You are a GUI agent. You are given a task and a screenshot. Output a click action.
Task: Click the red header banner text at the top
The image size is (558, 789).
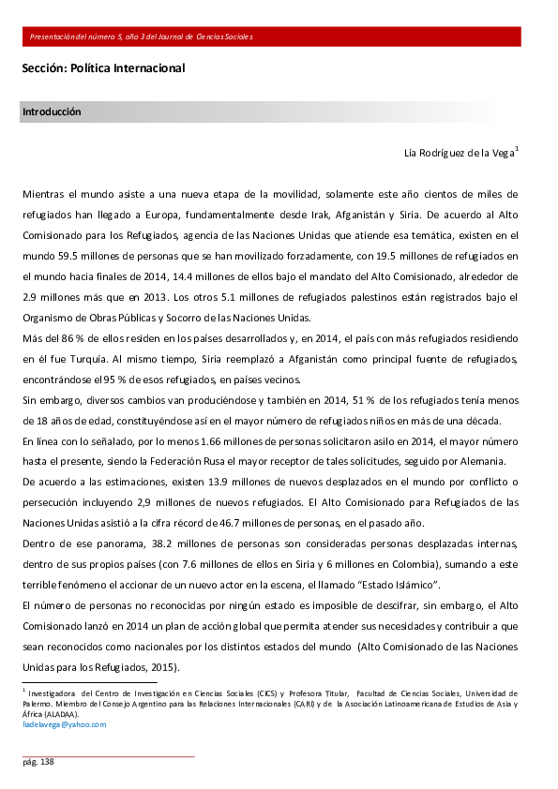point(141,37)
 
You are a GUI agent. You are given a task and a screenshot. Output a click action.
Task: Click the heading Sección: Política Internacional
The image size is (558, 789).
point(103,68)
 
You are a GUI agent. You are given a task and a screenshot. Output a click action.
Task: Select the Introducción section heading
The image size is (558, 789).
point(51,112)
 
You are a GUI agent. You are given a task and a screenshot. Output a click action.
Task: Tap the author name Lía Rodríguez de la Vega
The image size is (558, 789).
point(459,153)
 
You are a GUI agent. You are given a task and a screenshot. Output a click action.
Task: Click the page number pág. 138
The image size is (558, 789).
point(38,763)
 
